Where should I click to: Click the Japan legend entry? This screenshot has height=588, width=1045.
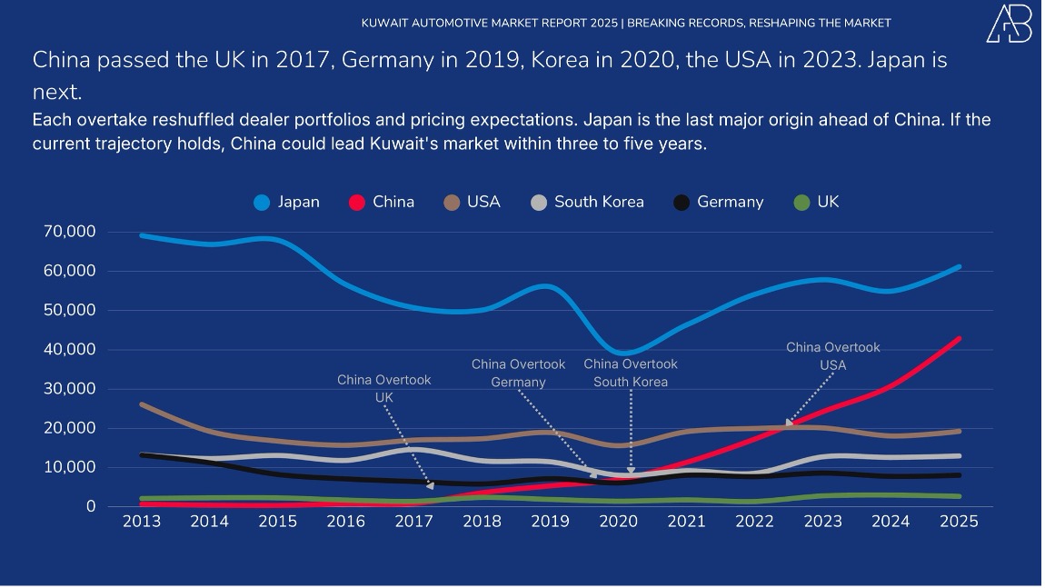pos(286,203)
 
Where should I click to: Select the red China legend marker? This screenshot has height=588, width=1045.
pos(357,203)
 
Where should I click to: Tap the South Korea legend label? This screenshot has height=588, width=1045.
pos(599,203)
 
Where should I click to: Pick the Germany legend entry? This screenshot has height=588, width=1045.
pos(718,203)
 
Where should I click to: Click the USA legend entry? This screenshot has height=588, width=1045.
pos(472,203)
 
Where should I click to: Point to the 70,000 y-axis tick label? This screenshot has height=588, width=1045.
pos(69,232)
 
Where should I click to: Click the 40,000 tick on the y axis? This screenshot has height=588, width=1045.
pos(69,350)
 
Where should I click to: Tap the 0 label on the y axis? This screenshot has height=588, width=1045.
pos(90,506)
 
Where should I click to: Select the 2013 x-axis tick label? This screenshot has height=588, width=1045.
pos(142,522)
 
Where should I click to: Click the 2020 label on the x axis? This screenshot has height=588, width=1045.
pos(619,522)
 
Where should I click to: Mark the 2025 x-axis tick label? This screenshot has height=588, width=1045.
pos(960,522)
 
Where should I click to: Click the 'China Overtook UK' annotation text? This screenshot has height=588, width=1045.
pos(384,389)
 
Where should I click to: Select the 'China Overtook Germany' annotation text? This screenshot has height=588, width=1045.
pos(518,374)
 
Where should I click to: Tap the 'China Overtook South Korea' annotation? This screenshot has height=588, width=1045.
pos(631,374)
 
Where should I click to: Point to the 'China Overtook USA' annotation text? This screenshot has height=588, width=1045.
pos(832,356)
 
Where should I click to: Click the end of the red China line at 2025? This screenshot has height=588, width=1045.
pos(959,339)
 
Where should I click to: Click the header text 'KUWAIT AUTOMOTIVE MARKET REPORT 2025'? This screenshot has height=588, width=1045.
pos(491,23)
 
